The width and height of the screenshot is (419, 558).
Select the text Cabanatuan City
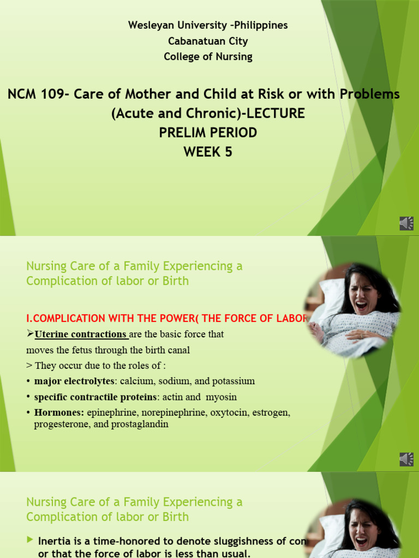coord(208,41)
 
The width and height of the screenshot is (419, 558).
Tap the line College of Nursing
coord(208,57)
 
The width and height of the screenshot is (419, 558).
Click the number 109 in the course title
coord(56,94)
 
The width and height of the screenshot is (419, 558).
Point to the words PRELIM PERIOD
coord(208,132)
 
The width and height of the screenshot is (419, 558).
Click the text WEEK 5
coord(208,152)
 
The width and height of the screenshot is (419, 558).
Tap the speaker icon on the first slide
coord(406,223)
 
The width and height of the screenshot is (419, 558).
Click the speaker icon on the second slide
coord(406,459)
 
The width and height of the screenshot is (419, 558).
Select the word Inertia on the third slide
coord(55,541)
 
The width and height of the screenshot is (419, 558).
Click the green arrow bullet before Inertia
coord(29,540)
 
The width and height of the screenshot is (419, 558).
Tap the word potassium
coord(234,381)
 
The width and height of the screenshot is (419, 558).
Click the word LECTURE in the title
coord(276,113)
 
